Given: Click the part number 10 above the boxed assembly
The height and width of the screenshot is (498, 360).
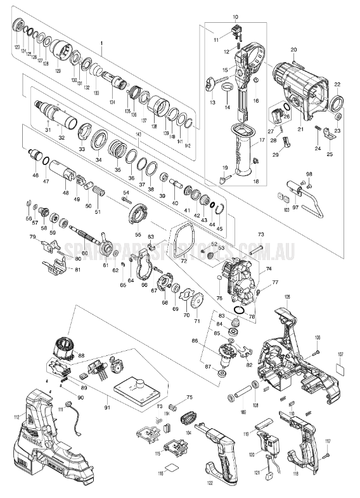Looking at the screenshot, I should point(235,16).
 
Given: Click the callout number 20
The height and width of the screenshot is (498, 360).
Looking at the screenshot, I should point(293,49).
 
